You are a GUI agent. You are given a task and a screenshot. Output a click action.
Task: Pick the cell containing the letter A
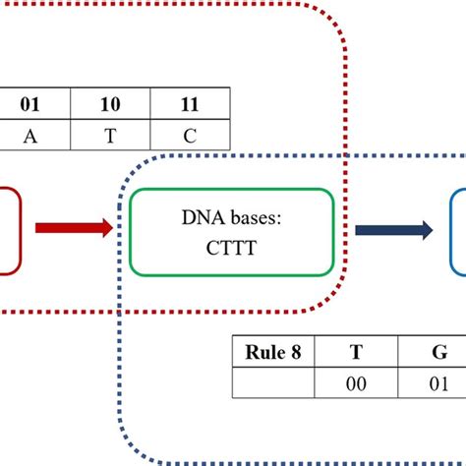[x=34, y=135]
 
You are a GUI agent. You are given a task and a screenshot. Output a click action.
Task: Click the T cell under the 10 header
[x=110, y=135]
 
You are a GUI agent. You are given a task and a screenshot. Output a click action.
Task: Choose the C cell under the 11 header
[x=189, y=135]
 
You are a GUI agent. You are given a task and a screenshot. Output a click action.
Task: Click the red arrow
[x=74, y=228]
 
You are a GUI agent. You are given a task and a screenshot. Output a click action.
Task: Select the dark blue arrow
[x=393, y=230]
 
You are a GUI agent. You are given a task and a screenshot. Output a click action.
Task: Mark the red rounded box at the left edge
[x=8, y=229]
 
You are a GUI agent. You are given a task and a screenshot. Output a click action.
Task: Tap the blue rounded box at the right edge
[x=458, y=230]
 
